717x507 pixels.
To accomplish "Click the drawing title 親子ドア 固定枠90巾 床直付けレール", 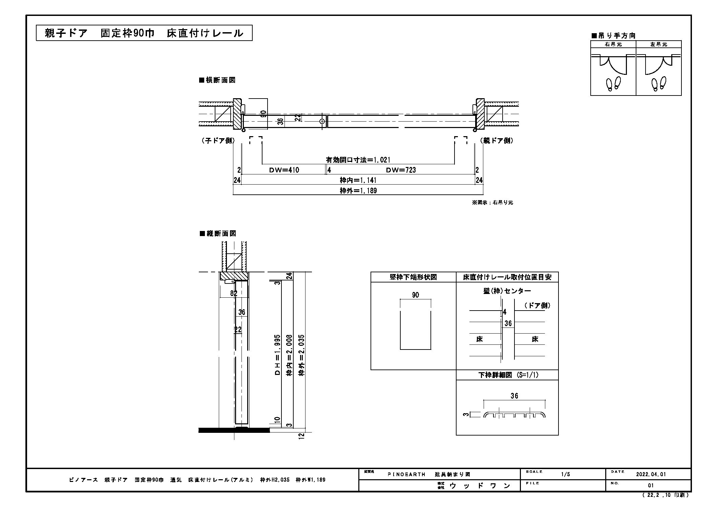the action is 144,33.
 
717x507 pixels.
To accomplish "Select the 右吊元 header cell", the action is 613,44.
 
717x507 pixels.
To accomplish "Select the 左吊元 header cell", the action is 659,44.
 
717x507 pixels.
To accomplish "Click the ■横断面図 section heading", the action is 217,80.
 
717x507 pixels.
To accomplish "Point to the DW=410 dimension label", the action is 284,170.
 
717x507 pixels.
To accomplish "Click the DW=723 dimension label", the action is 400,170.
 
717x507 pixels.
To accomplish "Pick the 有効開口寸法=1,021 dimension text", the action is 358,160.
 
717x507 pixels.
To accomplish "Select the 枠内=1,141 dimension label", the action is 358,180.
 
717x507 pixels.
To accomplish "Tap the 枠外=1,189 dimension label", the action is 358,191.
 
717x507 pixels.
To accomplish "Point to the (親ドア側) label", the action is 497,141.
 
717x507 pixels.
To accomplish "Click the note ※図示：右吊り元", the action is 492,203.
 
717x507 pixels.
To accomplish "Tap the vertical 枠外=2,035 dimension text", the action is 301,355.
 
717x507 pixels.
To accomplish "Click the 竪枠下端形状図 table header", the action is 413,277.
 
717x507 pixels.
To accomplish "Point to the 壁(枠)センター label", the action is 507,291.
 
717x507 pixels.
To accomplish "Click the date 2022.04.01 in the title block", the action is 651,474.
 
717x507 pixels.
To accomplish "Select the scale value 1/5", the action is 565,474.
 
